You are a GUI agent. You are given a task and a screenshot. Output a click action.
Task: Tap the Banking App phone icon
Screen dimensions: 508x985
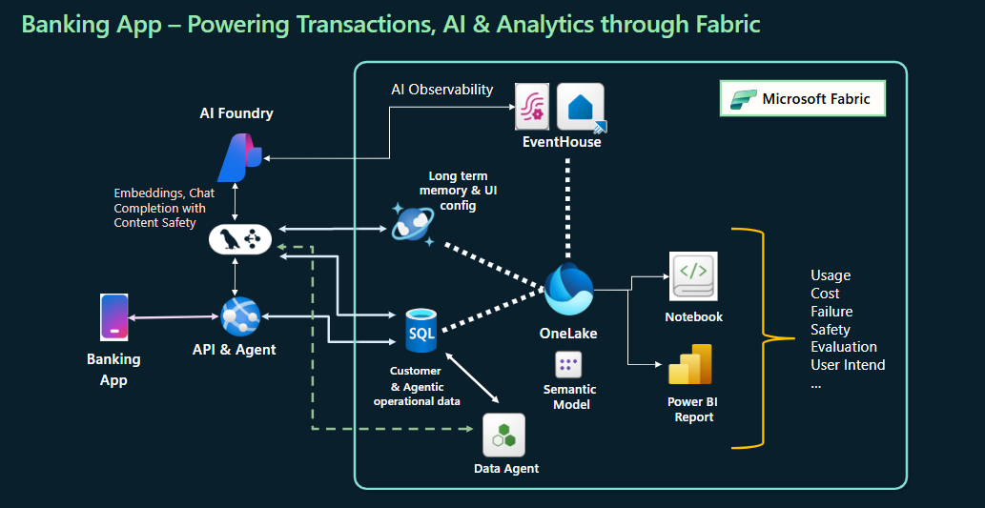(113, 317)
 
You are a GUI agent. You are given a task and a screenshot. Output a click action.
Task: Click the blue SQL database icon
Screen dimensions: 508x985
(421, 330)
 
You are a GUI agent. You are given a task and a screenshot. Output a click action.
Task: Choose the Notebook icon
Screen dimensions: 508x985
(693, 277)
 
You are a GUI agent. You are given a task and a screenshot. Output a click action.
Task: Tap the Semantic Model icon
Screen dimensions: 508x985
(569, 364)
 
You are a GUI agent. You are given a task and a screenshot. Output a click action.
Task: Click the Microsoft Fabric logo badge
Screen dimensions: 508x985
(802, 99)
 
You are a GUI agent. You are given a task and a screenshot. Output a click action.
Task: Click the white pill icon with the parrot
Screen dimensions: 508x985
(239, 240)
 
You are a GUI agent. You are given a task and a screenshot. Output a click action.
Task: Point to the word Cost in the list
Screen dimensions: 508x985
(825, 294)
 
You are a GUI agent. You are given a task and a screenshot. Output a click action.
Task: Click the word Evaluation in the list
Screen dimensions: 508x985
(844, 347)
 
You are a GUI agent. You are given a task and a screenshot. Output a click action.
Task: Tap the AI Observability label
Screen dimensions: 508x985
(442, 90)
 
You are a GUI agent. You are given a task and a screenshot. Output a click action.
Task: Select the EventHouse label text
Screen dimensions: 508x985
(562, 142)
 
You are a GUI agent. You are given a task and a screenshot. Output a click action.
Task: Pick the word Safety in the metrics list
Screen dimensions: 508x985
(831, 330)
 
